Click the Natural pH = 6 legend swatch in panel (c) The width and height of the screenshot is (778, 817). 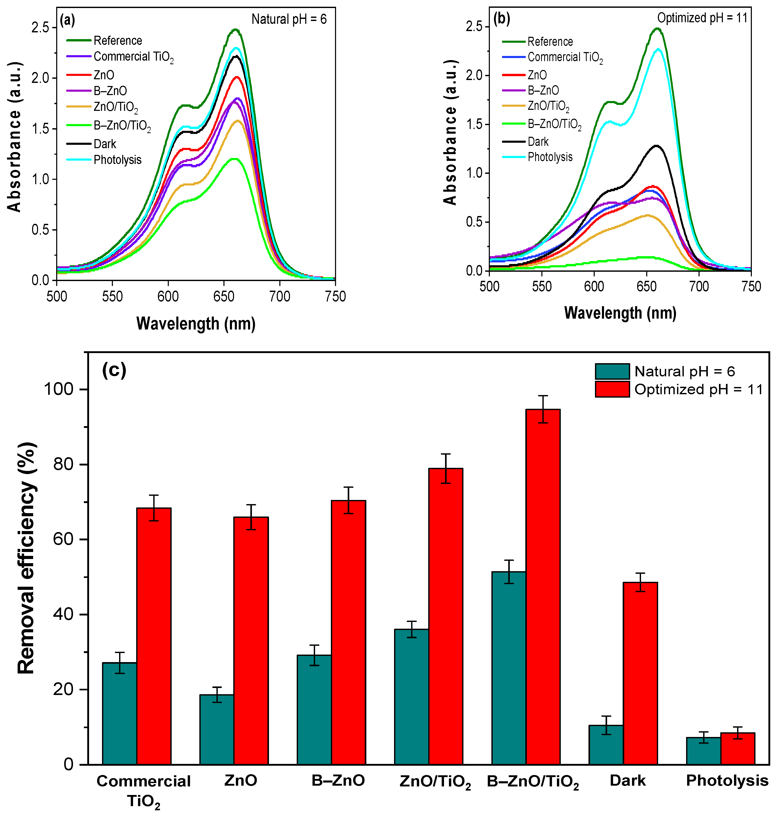tap(612, 371)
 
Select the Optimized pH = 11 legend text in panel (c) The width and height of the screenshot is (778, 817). tap(698, 390)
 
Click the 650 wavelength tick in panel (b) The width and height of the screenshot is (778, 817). tap(646, 286)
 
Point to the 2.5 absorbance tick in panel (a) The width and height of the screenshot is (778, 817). tap(40, 28)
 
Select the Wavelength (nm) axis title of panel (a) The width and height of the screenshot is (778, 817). tap(196, 324)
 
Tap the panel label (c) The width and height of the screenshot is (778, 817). tap(114, 370)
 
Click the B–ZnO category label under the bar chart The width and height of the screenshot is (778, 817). tap(338, 780)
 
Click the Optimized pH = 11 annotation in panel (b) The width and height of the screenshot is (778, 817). tap(702, 18)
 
